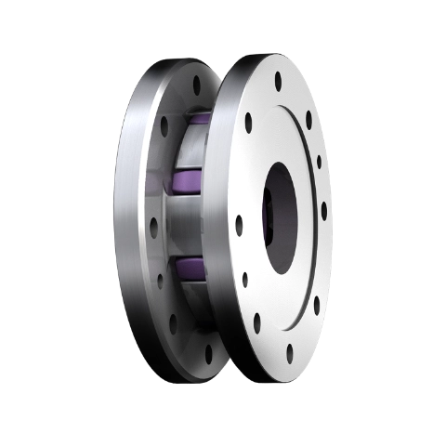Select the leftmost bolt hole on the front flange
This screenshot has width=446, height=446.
click(239, 224)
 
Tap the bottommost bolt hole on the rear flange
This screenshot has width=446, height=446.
click(207, 353)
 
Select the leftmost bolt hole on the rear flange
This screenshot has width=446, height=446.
click(153, 223)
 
